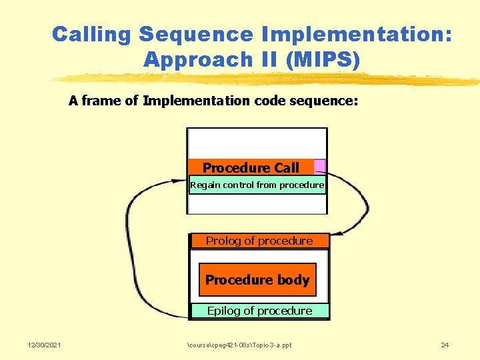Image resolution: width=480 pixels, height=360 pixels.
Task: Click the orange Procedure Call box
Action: tap(251, 167)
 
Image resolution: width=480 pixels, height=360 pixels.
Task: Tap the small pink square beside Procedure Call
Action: tap(320, 166)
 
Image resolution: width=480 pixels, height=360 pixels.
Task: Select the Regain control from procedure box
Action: tap(257, 185)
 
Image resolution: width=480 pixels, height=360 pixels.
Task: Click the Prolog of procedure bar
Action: tap(259, 241)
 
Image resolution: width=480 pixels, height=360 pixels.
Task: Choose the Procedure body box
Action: tap(257, 280)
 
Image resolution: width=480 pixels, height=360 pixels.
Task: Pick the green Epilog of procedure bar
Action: tap(259, 311)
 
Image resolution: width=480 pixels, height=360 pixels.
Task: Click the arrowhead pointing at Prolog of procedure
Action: tap(336, 233)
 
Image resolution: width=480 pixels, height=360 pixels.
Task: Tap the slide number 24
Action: tap(445, 345)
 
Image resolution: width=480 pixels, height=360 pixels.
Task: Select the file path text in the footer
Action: tap(239, 345)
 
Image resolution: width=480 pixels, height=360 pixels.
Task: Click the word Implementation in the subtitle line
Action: tap(195, 101)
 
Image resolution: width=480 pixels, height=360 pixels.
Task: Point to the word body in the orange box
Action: tap(293, 280)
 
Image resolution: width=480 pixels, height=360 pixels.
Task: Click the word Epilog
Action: tap(221, 311)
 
